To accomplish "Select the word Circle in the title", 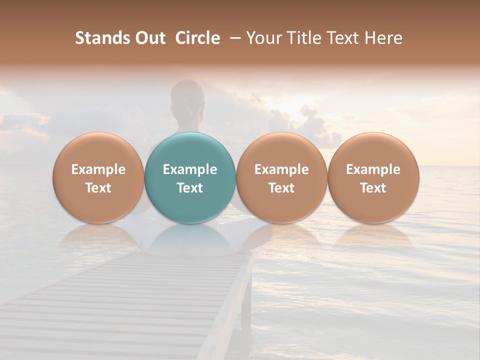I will tap(197, 38).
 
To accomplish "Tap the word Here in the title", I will tap(384, 38).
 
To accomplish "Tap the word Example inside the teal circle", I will tap(190, 169).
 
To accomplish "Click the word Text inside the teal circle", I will tap(190, 188).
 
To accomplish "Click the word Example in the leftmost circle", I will tap(98, 169).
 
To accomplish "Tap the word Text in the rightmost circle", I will tap(373, 188).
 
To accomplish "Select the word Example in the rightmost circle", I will tap(373, 169).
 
